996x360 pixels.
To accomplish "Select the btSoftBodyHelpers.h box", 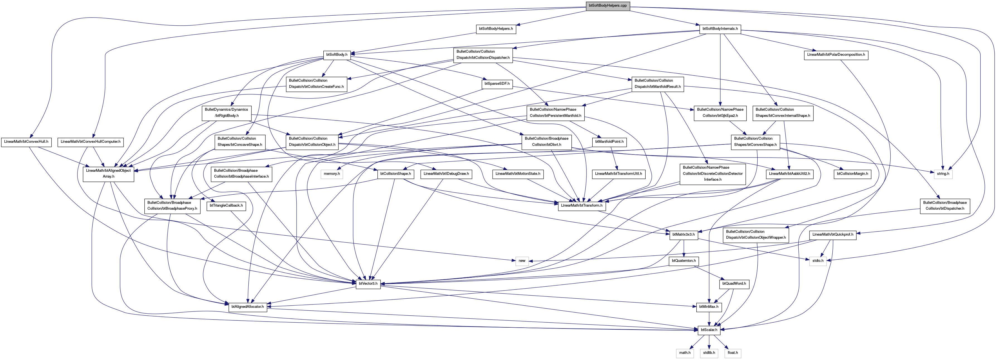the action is click(496, 29).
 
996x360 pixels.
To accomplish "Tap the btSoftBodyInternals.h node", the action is click(720, 29).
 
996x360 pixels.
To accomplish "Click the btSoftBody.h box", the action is click(337, 55).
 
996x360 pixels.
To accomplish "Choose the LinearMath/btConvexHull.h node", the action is click(26, 142).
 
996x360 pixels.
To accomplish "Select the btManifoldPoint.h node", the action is click(609, 142).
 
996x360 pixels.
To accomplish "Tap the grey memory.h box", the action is click(332, 174).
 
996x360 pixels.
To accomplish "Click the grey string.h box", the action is click(943, 174).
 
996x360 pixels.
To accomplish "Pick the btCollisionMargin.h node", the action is click(852, 174).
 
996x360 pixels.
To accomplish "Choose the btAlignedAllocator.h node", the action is click(248, 307).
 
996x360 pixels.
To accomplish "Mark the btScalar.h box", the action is click(709, 330).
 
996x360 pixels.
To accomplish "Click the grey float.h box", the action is click(733, 353).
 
